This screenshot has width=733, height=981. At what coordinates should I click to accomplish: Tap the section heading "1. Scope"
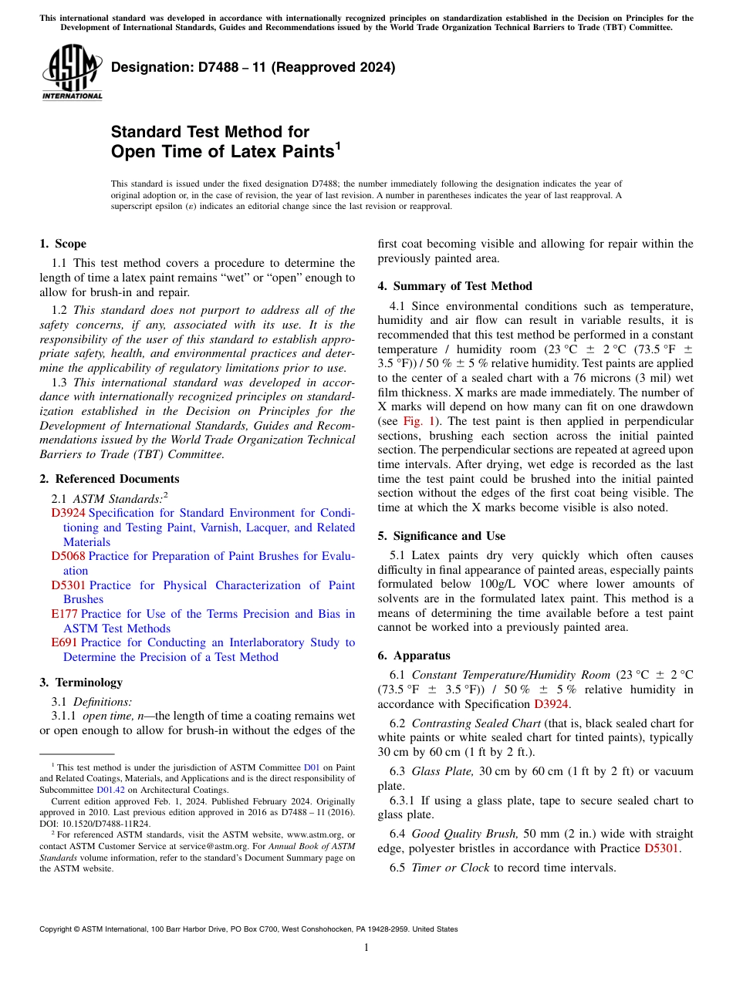click(62, 244)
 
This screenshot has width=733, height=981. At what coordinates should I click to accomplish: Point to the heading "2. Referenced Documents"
click(109, 479)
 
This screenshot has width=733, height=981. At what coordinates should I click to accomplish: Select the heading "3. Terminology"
click(80, 682)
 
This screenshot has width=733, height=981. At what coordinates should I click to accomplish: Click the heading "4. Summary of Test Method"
click(454, 286)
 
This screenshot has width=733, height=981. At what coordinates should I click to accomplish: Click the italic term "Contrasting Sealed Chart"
click(476, 723)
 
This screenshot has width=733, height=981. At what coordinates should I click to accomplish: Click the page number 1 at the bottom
click(366, 948)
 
